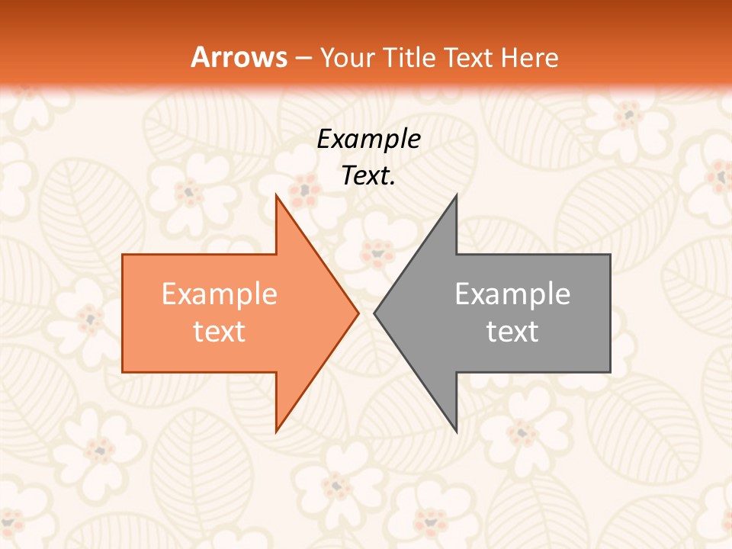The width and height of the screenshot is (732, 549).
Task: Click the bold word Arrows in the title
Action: pyautogui.click(x=239, y=57)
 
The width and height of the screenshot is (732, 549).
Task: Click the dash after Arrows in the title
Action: pyautogui.click(x=303, y=58)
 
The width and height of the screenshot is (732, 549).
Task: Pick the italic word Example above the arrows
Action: pyautogui.click(x=368, y=140)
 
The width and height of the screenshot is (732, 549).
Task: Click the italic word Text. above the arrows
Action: pyautogui.click(x=368, y=176)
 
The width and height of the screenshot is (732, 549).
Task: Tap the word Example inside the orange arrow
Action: pyautogui.click(x=219, y=294)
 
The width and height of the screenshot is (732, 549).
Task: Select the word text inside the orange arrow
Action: pyautogui.click(x=219, y=332)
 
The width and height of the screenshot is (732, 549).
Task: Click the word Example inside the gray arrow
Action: pyautogui.click(x=512, y=294)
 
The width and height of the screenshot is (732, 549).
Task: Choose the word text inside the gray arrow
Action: pyautogui.click(x=512, y=332)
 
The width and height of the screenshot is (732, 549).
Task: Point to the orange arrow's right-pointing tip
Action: pyautogui.click(x=357, y=313)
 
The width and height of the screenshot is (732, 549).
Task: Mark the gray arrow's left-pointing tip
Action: pyautogui.click(x=375, y=313)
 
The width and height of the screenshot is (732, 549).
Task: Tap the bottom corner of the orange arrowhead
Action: pyautogui.click(x=277, y=431)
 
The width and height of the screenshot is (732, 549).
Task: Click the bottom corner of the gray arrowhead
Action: pyautogui.click(x=456, y=431)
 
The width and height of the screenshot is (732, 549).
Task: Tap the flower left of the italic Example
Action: pyautogui.click(x=306, y=186)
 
